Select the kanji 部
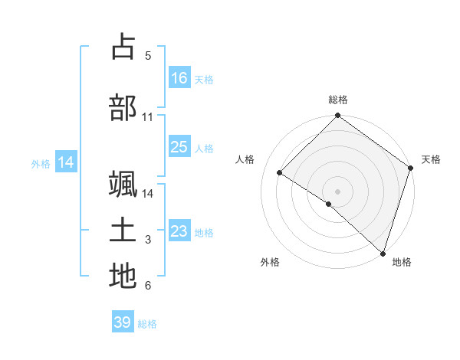coord(123,107)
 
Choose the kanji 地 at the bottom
coord(123,276)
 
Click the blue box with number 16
coord(179,77)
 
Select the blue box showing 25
coord(179,147)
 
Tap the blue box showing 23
coord(179,231)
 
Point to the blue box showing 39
coord(123,322)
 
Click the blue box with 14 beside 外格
coord(66,162)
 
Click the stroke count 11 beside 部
coord(147,117)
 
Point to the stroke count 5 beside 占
coord(147,56)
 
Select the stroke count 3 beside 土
coord(147,240)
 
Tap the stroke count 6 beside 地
coord(147,286)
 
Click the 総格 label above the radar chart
coord(338,100)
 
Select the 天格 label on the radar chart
coord(431,159)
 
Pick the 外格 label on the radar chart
coord(270,262)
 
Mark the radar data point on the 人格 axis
coord(280,173)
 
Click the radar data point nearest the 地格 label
coord(383,253)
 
